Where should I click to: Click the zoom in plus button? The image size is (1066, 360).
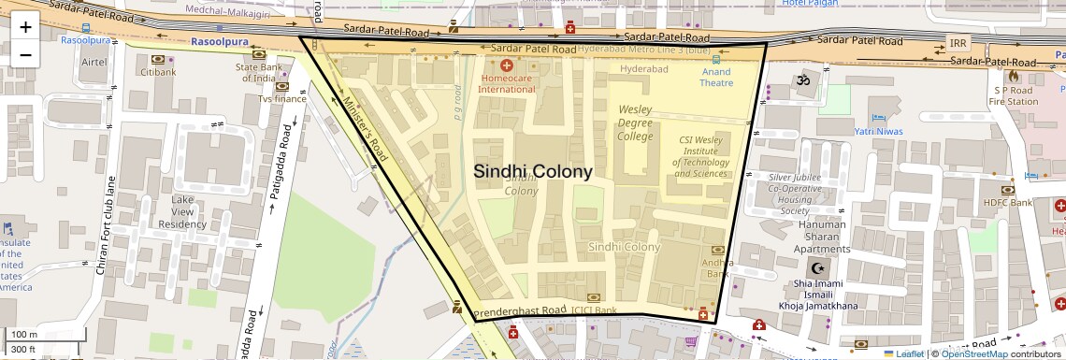25,26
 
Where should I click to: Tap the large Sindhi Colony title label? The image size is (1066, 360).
532,171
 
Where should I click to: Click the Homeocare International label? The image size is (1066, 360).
507,83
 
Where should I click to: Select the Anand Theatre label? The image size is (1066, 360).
716,78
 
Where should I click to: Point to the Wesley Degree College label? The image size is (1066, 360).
635,122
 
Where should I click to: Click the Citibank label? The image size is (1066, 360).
157,72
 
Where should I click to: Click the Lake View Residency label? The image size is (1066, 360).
181,211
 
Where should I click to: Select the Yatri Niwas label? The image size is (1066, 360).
878,131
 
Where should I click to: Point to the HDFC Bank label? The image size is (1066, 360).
1007,202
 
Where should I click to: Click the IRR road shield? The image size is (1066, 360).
958,44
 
